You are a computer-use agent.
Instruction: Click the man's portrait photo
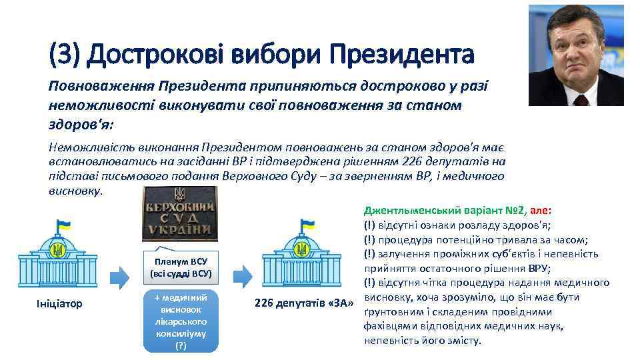[576, 55]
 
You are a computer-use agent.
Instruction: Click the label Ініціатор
[59, 304]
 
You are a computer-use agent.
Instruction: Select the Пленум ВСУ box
[181, 267]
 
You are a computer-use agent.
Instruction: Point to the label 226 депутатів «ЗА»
[304, 304]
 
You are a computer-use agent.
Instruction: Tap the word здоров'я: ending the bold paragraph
[78, 125]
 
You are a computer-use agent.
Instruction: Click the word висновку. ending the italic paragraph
[76, 190]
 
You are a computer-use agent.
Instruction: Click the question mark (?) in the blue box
[181, 346]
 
